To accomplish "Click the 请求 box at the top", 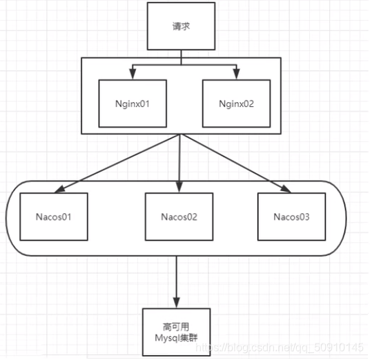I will (180, 26).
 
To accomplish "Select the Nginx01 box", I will (133, 103).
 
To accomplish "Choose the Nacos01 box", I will (55, 216).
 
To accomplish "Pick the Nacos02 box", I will (179, 216).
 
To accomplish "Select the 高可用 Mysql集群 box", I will (175, 331).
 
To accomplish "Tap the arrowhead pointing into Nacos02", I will (179, 188).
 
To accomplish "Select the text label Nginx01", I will (133, 104).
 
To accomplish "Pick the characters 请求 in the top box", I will (180, 27).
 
